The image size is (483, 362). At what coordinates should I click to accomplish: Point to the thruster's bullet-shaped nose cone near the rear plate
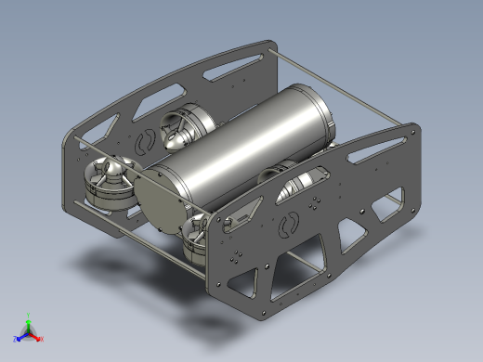tap(176, 138)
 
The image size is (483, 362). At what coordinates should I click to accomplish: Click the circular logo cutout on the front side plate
tap(290, 224)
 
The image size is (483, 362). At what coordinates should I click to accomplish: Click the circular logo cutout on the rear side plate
tap(145, 142)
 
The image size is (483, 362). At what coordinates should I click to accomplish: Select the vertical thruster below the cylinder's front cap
tap(197, 238)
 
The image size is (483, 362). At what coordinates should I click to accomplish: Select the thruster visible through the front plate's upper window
tap(302, 182)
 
